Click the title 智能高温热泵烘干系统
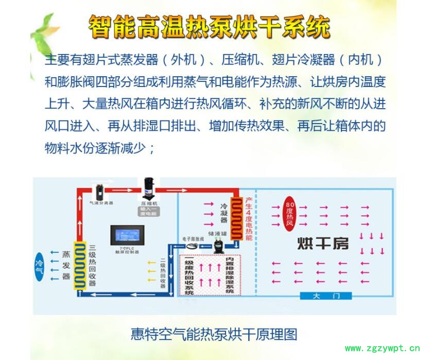209,26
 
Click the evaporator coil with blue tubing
80,266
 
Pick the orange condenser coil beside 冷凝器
236,218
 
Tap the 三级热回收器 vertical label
93,265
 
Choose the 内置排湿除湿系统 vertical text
230,275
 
